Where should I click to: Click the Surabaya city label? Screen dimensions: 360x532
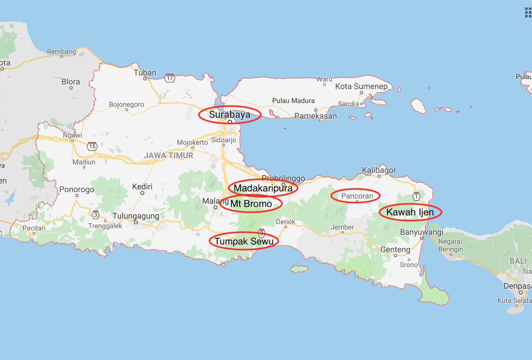pos(230,115)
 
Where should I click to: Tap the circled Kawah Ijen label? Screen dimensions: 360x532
pos(410,212)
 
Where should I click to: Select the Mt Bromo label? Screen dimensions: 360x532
pos(251,204)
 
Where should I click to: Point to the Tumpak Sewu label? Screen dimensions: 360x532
pos(244,241)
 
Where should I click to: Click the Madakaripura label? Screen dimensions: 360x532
pos(263,188)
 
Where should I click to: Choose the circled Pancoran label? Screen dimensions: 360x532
pos(357,196)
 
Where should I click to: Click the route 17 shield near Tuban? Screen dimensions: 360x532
pos(170,78)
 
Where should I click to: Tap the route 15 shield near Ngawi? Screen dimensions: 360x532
pos(92,146)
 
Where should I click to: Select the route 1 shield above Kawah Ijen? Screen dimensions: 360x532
pos(416,197)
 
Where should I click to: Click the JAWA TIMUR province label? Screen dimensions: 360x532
pos(169,155)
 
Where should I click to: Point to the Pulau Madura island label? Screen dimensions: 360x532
pos(293,101)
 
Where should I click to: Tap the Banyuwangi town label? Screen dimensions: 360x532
pos(421,232)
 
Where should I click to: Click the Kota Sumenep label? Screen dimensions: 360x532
pos(361,86)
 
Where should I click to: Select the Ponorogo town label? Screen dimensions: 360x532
pos(77,189)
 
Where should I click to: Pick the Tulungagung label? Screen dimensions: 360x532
pos(136,216)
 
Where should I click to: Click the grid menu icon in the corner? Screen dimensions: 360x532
pos(528,12)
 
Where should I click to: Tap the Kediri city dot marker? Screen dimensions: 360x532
pos(142,193)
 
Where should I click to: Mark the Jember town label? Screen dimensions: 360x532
pos(342,227)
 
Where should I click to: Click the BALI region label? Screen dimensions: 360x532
pos(518,261)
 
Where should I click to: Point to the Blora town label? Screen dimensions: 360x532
pos(71,82)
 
